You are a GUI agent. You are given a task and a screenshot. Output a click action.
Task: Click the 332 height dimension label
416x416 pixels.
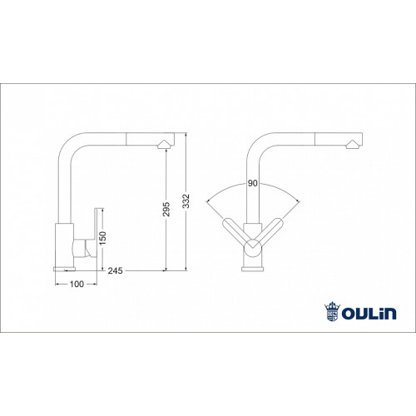pyautogui.click(x=186, y=201)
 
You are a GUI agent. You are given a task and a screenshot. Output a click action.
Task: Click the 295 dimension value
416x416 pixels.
pyautogui.click(x=166, y=210)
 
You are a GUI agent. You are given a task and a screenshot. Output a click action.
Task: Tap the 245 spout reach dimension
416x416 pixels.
pyautogui.click(x=115, y=270)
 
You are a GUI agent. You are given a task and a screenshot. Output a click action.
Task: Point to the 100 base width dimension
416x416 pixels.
pyautogui.click(x=77, y=284)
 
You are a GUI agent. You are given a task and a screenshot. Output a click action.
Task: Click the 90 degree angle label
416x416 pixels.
pyautogui.click(x=253, y=183)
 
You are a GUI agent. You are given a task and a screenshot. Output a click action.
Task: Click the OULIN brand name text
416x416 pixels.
pyautogui.click(x=369, y=314)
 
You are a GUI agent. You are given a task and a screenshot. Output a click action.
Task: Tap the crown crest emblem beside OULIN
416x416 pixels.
pyautogui.click(x=332, y=311)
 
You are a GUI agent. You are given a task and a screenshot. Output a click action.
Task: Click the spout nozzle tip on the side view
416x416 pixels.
pyautogui.click(x=165, y=144)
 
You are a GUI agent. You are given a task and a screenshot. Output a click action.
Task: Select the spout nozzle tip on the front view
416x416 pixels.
pyautogui.click(x=353, y=144)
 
